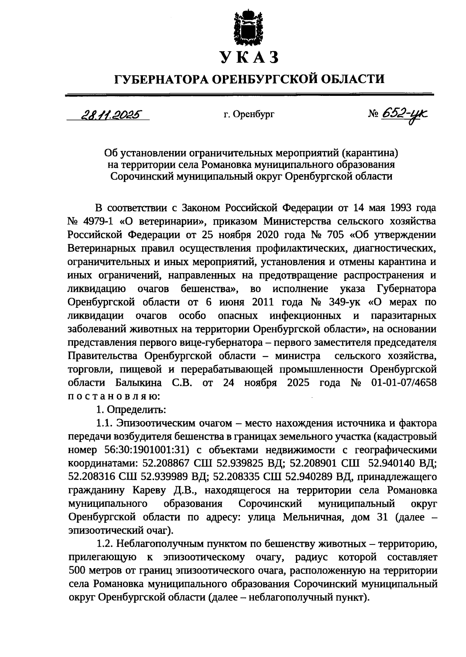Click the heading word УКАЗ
pos(249,57)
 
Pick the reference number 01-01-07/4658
pos(404,383)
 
